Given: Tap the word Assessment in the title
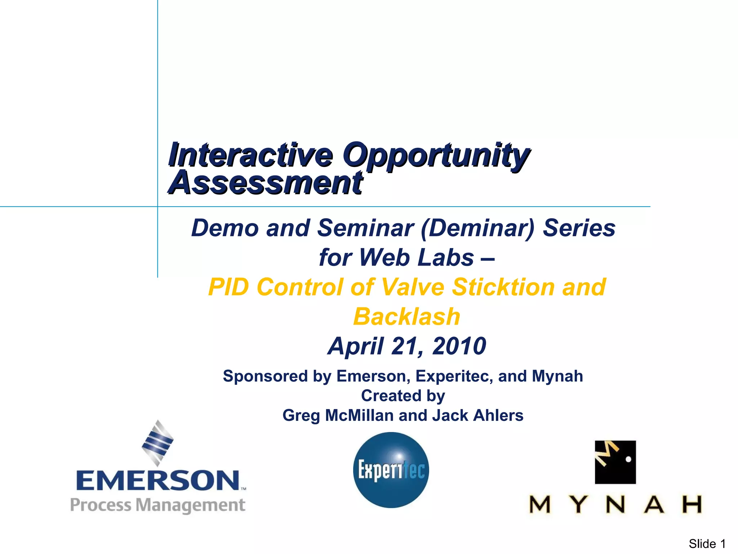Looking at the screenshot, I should point(266,183).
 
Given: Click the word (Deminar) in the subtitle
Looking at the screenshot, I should point(478,228).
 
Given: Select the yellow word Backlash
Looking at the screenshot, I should point(406,317).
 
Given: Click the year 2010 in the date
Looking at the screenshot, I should point(459,346).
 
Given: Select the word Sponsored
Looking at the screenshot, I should point(265,376).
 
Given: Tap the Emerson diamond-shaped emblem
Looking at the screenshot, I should point(157,443).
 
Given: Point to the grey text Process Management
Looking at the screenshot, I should point(157,505).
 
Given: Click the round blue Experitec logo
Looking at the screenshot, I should point(391,470).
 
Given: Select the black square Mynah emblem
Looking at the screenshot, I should point(615,462).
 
